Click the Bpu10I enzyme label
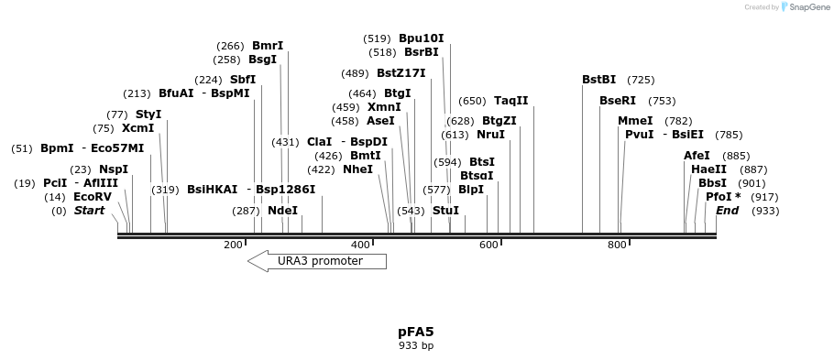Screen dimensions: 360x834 tap(421, 38)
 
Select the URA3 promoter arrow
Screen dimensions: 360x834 tap(317, 261)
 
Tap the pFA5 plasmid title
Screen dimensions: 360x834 tap(416, 332)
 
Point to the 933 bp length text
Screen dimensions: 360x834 tap(416, 346)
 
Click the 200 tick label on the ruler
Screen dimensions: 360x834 tap(233, 245)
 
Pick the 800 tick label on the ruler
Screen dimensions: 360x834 tap(617, 245)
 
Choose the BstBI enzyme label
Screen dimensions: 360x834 tap(599, 80)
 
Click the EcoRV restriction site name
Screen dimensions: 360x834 tap(93, 197)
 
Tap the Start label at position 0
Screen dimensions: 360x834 tap(89, 211)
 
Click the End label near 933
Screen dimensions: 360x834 tap(727, 211)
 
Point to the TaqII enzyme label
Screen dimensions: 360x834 tap(511, 101)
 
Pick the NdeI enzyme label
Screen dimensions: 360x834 tap(283, 211)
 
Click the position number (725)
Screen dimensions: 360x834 tap(641, 80)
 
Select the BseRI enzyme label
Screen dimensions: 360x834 tap(618, 101)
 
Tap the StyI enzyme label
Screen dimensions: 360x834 tap(148, 115)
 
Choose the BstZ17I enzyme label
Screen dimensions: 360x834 tap(401, 73)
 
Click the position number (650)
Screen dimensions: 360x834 tap(472, 101)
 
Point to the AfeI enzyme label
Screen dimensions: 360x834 tap(697, 156)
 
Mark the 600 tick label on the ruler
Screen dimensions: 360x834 tap(488, 245)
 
